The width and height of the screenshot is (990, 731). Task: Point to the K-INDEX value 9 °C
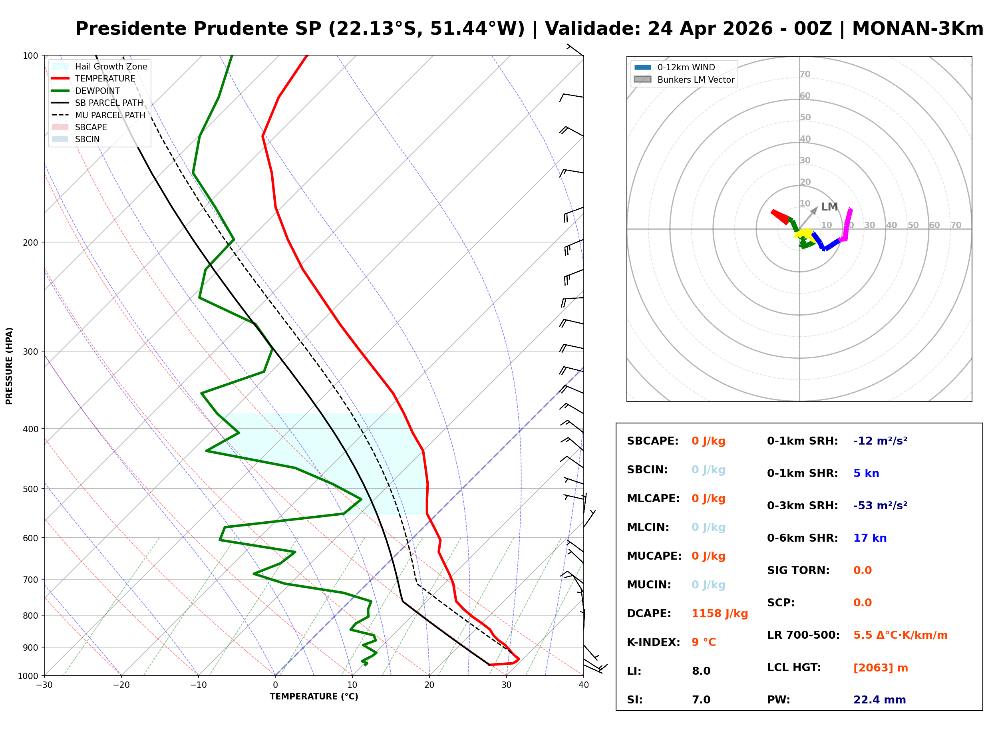[703, 642]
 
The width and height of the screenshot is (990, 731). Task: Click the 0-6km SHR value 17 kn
[870, 538]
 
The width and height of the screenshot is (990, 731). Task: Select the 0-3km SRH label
[802, 506]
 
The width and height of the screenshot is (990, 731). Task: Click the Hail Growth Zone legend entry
[111, 66]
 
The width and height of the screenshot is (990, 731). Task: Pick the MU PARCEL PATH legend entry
[110, 115]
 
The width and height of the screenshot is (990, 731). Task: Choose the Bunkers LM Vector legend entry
[695, 79]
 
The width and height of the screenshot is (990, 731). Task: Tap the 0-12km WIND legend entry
[686, 67]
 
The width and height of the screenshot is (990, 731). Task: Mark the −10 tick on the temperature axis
[198, 685]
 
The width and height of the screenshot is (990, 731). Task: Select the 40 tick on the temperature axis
[583, 685]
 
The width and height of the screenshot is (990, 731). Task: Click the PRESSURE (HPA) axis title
[9, 365]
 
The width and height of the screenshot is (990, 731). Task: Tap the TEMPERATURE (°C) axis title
[314, 697]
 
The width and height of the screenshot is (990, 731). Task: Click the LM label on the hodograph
[829, 207]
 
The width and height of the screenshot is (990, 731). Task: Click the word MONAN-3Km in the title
[917, 29]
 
